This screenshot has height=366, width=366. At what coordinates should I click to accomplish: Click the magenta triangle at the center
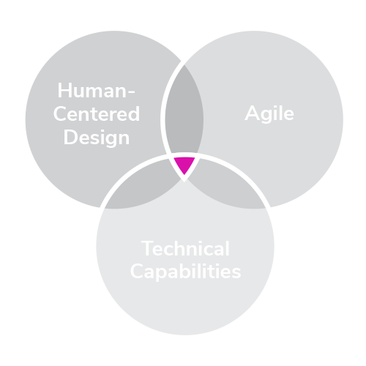click(184, 164)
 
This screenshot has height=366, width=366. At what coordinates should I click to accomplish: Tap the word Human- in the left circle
click(96, 91)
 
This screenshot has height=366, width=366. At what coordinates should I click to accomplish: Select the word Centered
click(97, 113)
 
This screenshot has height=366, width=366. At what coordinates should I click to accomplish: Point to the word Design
click(97, 138)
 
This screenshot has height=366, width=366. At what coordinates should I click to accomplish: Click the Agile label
click(269, 113)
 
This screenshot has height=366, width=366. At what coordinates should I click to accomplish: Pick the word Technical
click(185, 248)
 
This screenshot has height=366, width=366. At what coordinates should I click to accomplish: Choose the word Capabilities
click(186, 272)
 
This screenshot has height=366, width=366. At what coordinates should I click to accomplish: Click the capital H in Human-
click(64, 91)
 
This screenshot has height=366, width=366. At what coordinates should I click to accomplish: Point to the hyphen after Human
click(131, 92)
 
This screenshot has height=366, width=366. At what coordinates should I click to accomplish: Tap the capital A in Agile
click(252, 113)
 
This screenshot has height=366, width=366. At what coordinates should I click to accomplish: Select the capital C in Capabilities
click(138, 271)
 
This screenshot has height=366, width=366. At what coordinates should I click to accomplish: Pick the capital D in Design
click(70, 137)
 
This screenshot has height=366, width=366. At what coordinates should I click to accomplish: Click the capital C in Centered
click(60, 113)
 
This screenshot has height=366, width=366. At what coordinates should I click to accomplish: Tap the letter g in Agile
click(266, 116)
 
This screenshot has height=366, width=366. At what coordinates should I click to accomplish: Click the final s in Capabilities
click(236, 274)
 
